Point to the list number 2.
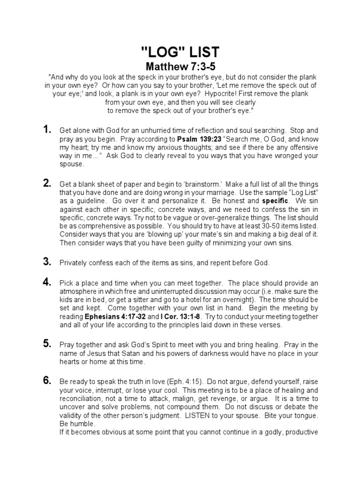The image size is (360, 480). pos(47,183)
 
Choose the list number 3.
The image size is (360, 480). pos(47,262)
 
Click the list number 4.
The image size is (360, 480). pos(47,282)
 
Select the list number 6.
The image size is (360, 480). pos(47,380)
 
